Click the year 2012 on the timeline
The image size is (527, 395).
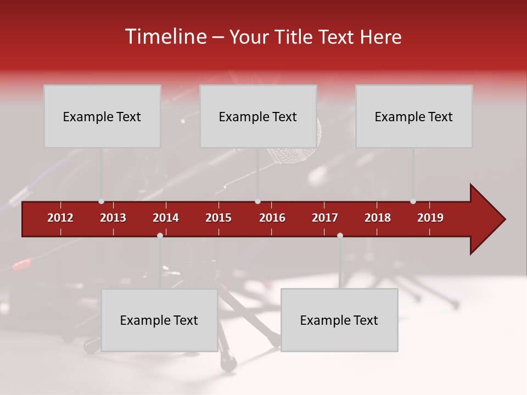click(x=60, y=218)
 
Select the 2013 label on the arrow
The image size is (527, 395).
click(x=113, y=218)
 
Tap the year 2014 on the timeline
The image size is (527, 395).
click(x=166, y=218)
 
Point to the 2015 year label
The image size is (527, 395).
click(x=218, y=218)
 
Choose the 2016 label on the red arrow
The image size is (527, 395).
click(x=272, y=218)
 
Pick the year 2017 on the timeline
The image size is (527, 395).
click(x=325, y=218)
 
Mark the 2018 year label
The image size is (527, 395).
click(x=378, y=218)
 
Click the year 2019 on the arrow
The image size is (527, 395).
click(x=430, y=218)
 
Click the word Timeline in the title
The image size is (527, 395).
click(x=165, y=37)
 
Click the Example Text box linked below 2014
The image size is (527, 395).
click(x=159, y=320)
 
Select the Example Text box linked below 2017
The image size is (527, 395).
click(x=339, y=320)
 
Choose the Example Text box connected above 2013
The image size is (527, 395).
click(x=102, y=116)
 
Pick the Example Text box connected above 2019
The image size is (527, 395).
click(x=414, y=116)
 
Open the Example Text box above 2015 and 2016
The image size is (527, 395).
click(x=258, y=116)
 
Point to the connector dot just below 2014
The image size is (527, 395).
click(x=160, y=235)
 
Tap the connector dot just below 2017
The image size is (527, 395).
click(x=340, y=235)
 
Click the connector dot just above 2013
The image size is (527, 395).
click(x=101, y=201)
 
